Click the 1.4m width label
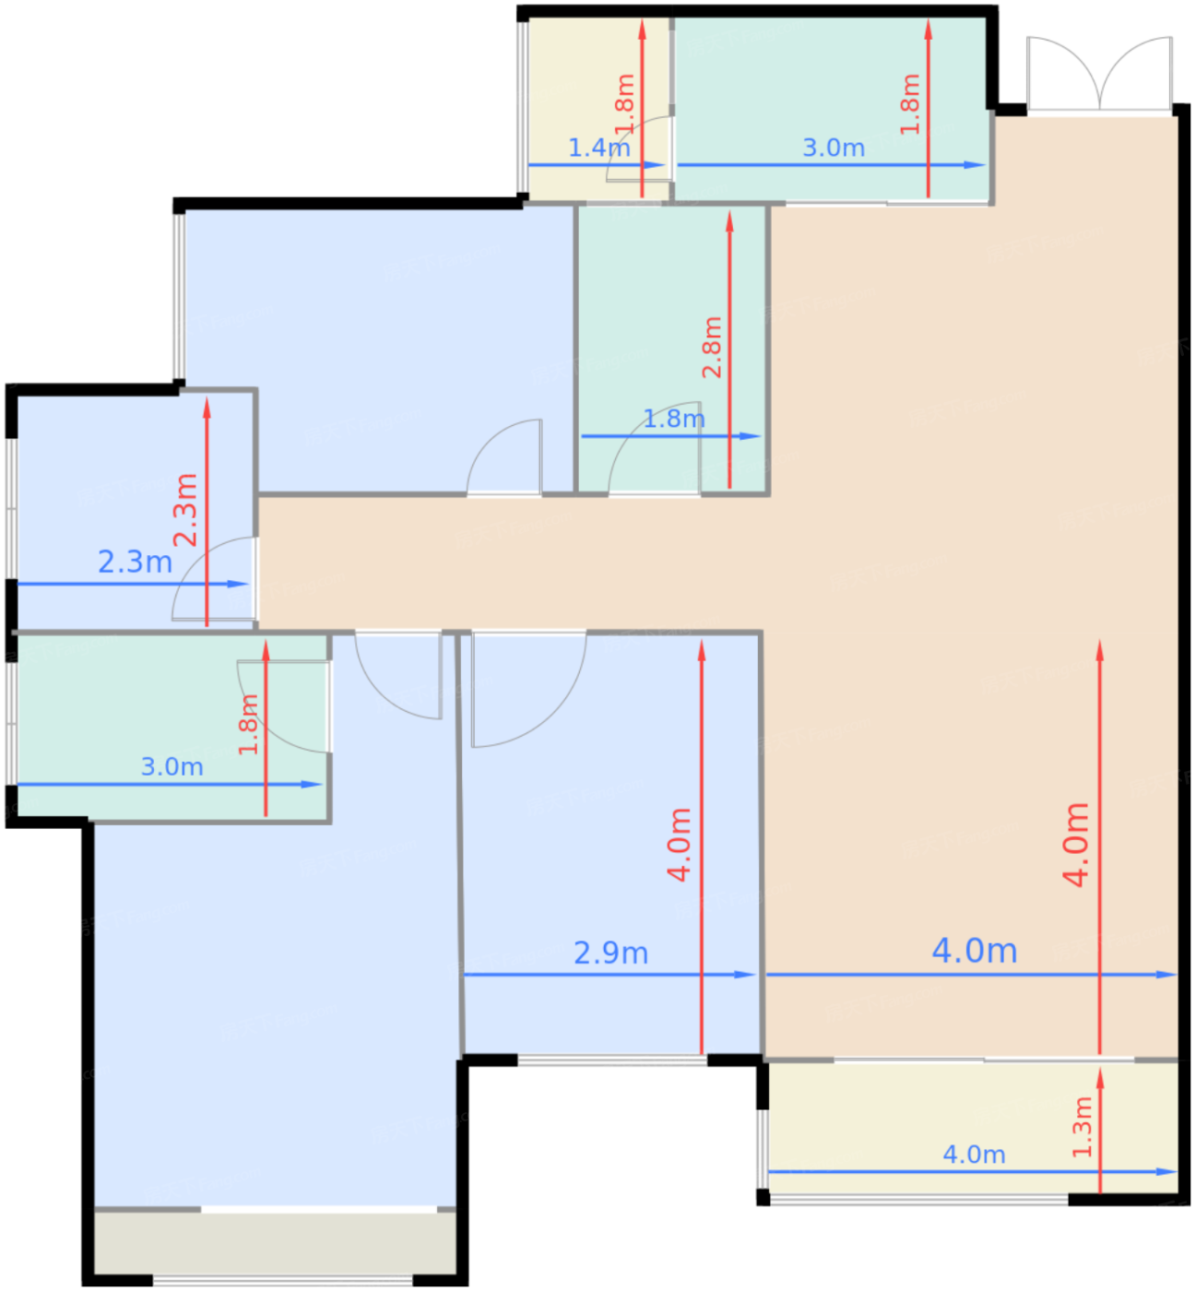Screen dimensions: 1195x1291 pyautogui.click(x=598, y=148)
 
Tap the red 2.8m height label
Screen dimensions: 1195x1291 pyautogui.click(x=712, y=347)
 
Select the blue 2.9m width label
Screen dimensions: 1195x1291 pyautogui.click(x=610, y=953)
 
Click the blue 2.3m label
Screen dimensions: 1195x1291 pyautogui.click(x=135, y=562)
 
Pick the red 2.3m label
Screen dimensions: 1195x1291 pyautogui.click(x=184, y=510)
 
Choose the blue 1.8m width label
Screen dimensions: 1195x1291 pyautogui.click(x=673, y=419)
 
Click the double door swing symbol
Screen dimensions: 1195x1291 pyautogui.click(x=1099, y=73)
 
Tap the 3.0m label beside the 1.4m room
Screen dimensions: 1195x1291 pyautogui.click(x=834, y=148)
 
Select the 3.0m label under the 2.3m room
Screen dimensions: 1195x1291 pyautogui.click(x=172, y=767)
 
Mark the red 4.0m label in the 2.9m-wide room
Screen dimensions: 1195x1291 pyautogui.click(x=680, y=845)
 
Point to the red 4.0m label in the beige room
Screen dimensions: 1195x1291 pyautogui.click(x=1075, y=845)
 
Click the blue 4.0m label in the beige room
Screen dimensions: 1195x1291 pyautogui.click(x=974, y=951)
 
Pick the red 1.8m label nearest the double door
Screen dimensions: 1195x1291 pyautogui.click(x=909, y=104)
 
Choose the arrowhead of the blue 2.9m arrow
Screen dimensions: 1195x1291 pyautogui.click(x=745, y=975)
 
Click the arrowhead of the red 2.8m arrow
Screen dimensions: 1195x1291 pyautogui.click(x=729, y=221)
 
